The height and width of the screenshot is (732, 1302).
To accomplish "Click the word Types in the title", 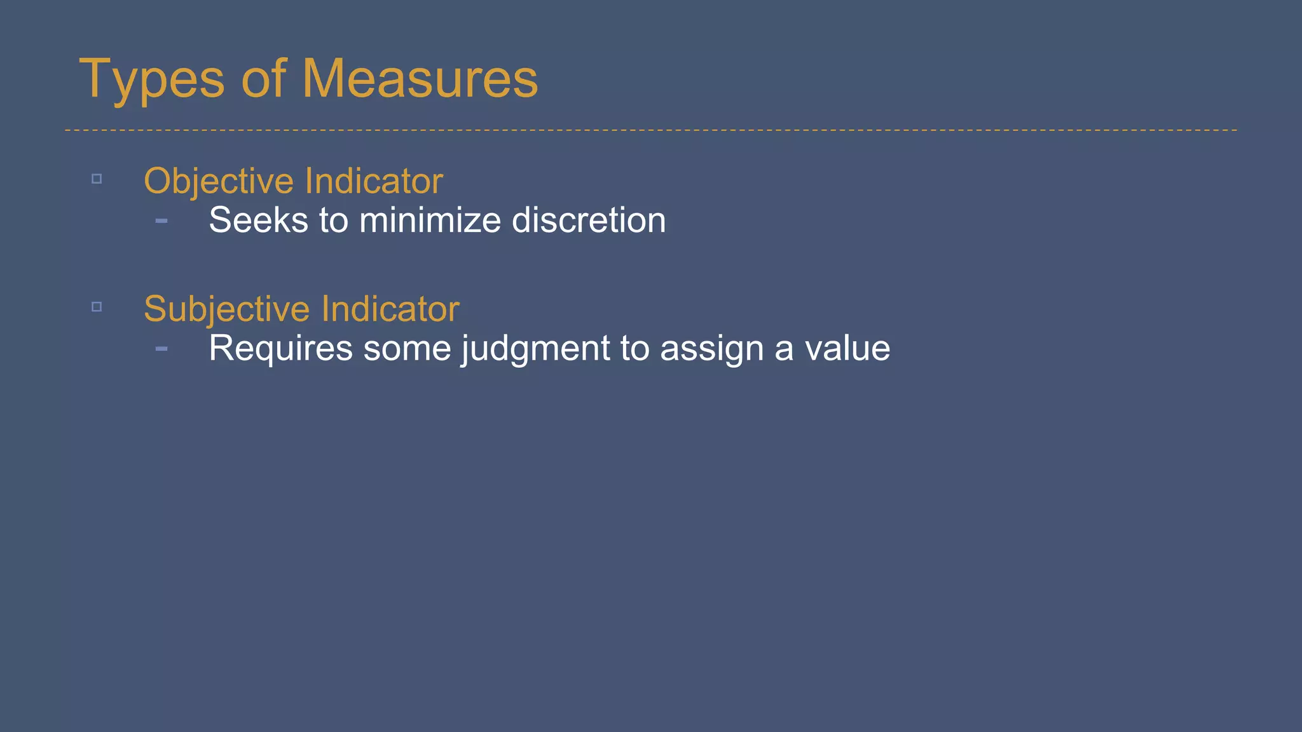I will click(151, 79).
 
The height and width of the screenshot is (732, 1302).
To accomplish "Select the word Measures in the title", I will click(420, 79).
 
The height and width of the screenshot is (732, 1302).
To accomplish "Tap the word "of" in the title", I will click(263, 79).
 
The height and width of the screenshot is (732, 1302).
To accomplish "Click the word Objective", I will click(218, 181).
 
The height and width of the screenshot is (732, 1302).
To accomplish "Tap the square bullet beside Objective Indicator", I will click(97, 179).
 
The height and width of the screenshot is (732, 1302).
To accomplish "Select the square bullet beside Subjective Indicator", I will click(97, 307).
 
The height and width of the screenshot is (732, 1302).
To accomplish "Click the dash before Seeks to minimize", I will click(161, 220).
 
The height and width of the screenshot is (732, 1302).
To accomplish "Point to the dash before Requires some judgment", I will click(161, 348).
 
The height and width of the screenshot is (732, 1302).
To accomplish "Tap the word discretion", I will click(589, 220).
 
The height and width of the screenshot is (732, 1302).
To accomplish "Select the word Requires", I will click(280, 348).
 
